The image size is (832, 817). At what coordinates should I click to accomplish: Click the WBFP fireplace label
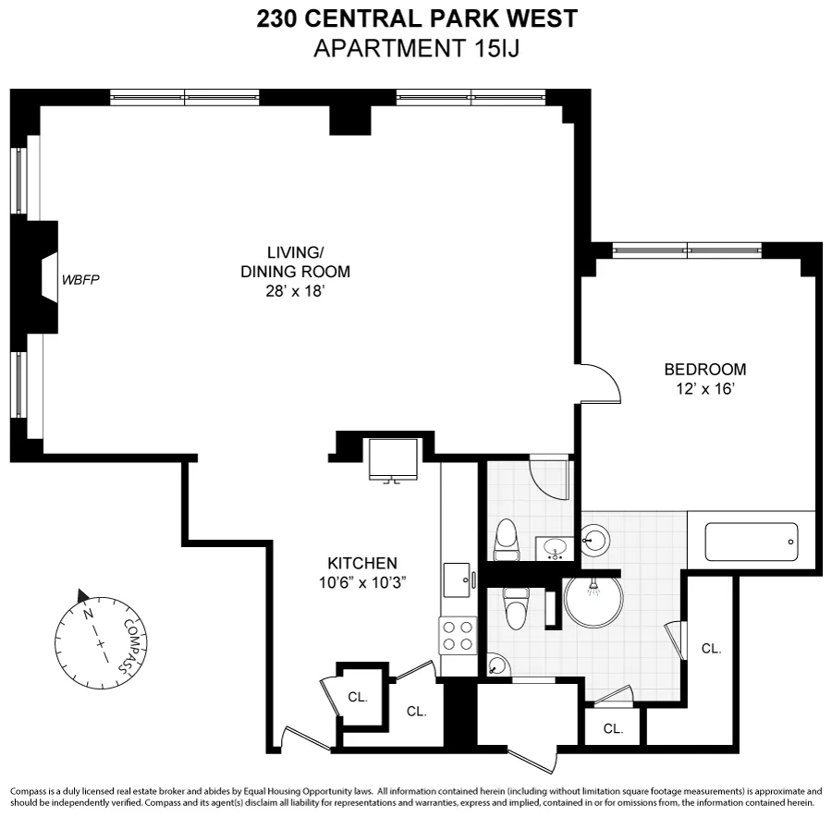80,279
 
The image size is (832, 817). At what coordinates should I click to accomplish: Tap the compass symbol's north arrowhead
83,595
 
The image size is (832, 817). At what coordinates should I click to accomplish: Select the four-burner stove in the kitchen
458,636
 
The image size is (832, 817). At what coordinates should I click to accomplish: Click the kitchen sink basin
457,581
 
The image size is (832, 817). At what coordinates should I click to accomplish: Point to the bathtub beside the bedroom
751,542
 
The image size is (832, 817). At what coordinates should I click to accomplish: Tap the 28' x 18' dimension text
296,290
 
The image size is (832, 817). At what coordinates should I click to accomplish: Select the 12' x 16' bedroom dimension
705,389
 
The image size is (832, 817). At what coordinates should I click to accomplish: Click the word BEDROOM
705,370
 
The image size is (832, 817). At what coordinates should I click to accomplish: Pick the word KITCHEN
362,563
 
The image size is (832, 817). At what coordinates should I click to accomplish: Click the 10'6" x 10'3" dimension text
362,582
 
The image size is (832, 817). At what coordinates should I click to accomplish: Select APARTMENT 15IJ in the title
416,49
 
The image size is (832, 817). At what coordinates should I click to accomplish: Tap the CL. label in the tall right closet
711,649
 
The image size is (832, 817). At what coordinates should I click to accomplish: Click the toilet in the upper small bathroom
506,540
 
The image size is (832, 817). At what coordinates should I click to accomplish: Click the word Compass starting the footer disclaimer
30,792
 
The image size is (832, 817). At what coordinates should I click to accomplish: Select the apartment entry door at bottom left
305,740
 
